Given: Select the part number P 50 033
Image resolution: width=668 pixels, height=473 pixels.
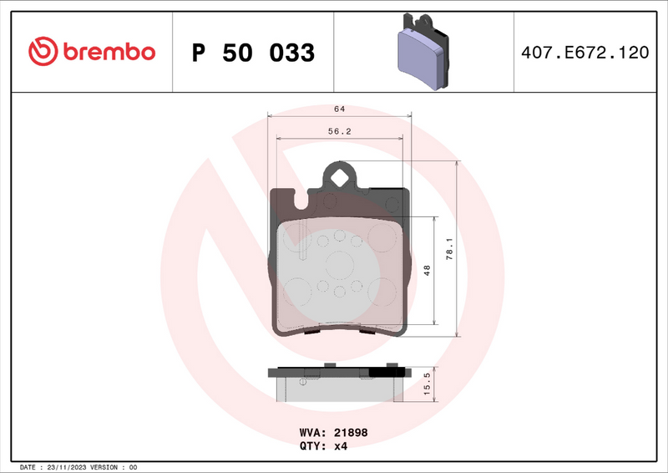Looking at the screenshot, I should pyautogui.click(x=253, y=53).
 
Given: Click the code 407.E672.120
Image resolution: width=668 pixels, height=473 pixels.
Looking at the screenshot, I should pyautogui.click(x=584, y=53).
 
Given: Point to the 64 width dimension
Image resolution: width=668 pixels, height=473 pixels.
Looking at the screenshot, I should pyautogui.click(x=339, y=109).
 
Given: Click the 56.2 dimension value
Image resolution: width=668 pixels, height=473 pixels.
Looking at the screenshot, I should pyautogui.click(x=339, y=130).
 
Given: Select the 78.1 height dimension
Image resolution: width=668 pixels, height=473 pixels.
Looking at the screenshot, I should pyautogui.click(x=448, y=247).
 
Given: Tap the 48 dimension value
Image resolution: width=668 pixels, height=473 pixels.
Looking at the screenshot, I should pyautogui.click(x=427, y=270).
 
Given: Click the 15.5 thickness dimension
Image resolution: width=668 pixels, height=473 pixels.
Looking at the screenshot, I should pyautogui.click(x=427, y=384).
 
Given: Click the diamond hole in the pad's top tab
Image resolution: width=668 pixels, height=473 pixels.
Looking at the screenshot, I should pyautogui.click(x=339, y=177).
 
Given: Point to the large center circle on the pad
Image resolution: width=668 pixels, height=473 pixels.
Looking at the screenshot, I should pyautogui.click(x=339, y=265).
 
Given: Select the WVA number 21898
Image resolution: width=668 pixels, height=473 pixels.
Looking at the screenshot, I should pyautogui.click(x=352, y=433).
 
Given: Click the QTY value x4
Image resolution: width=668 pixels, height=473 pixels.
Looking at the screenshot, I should pyautogui.click(x=341, y=446).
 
